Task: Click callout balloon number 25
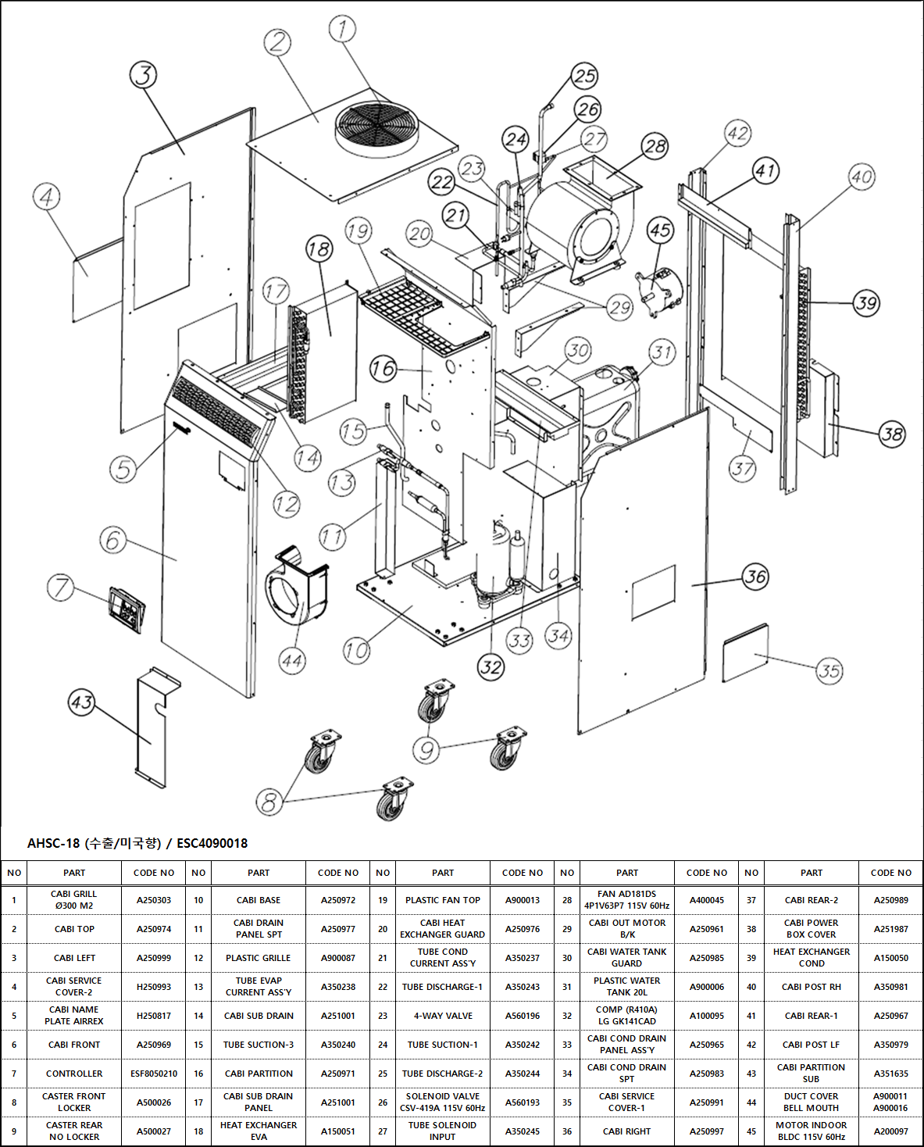(584, 76)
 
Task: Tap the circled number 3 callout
(143, 75)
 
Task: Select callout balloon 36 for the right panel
(755, 577)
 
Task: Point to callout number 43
(81, 702)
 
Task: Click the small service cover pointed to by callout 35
(745, 652)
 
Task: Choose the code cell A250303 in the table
(153, 900)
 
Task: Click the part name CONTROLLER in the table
(74, 1074)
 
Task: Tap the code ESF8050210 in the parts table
(153, 1074)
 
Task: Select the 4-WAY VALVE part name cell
(442, 1016)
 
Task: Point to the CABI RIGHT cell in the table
(626, 1131)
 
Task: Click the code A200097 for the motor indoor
(890, 1131)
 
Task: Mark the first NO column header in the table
(14, 873)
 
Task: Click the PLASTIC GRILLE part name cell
(258, 958)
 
